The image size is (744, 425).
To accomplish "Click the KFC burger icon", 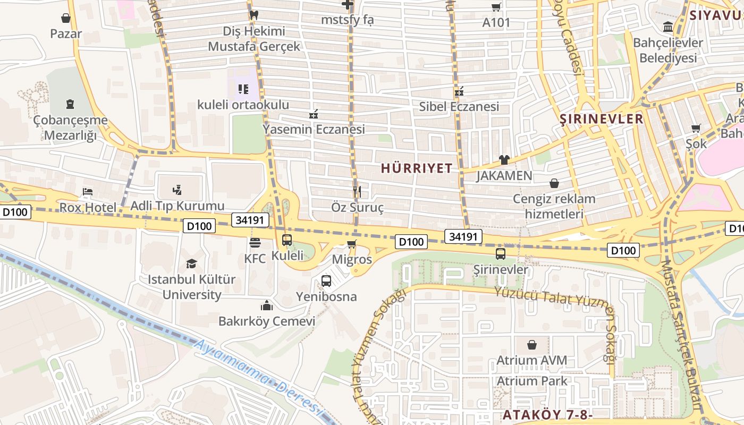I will point(255,243).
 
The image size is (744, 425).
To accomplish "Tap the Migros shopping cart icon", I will point(351,244).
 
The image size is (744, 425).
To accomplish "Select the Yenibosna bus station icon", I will point(326,281).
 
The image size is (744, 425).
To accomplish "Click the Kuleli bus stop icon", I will point(287,240).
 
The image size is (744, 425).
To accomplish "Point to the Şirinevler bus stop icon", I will point(500,254).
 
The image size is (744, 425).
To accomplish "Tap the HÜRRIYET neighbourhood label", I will point(417,169).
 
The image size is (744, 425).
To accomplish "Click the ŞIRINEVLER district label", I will point(602,119).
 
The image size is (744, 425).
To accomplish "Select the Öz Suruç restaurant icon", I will point(357,192).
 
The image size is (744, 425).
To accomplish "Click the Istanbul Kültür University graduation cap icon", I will point(191,264).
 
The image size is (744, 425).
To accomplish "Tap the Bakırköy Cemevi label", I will point(267,321).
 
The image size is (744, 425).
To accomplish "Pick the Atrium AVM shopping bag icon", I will point(532,345).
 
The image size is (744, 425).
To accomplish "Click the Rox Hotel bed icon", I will point(88,192).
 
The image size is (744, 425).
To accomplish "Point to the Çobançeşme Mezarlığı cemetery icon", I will point(70,104).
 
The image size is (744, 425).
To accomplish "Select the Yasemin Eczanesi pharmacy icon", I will point(314,114).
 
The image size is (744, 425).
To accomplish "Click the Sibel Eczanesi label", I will point(459,107).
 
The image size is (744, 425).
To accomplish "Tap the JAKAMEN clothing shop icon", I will point(504,159).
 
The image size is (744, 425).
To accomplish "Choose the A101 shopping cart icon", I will point(496,7).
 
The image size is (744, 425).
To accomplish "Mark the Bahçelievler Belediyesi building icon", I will point(667,27).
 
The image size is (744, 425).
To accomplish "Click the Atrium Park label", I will point(532,381).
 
